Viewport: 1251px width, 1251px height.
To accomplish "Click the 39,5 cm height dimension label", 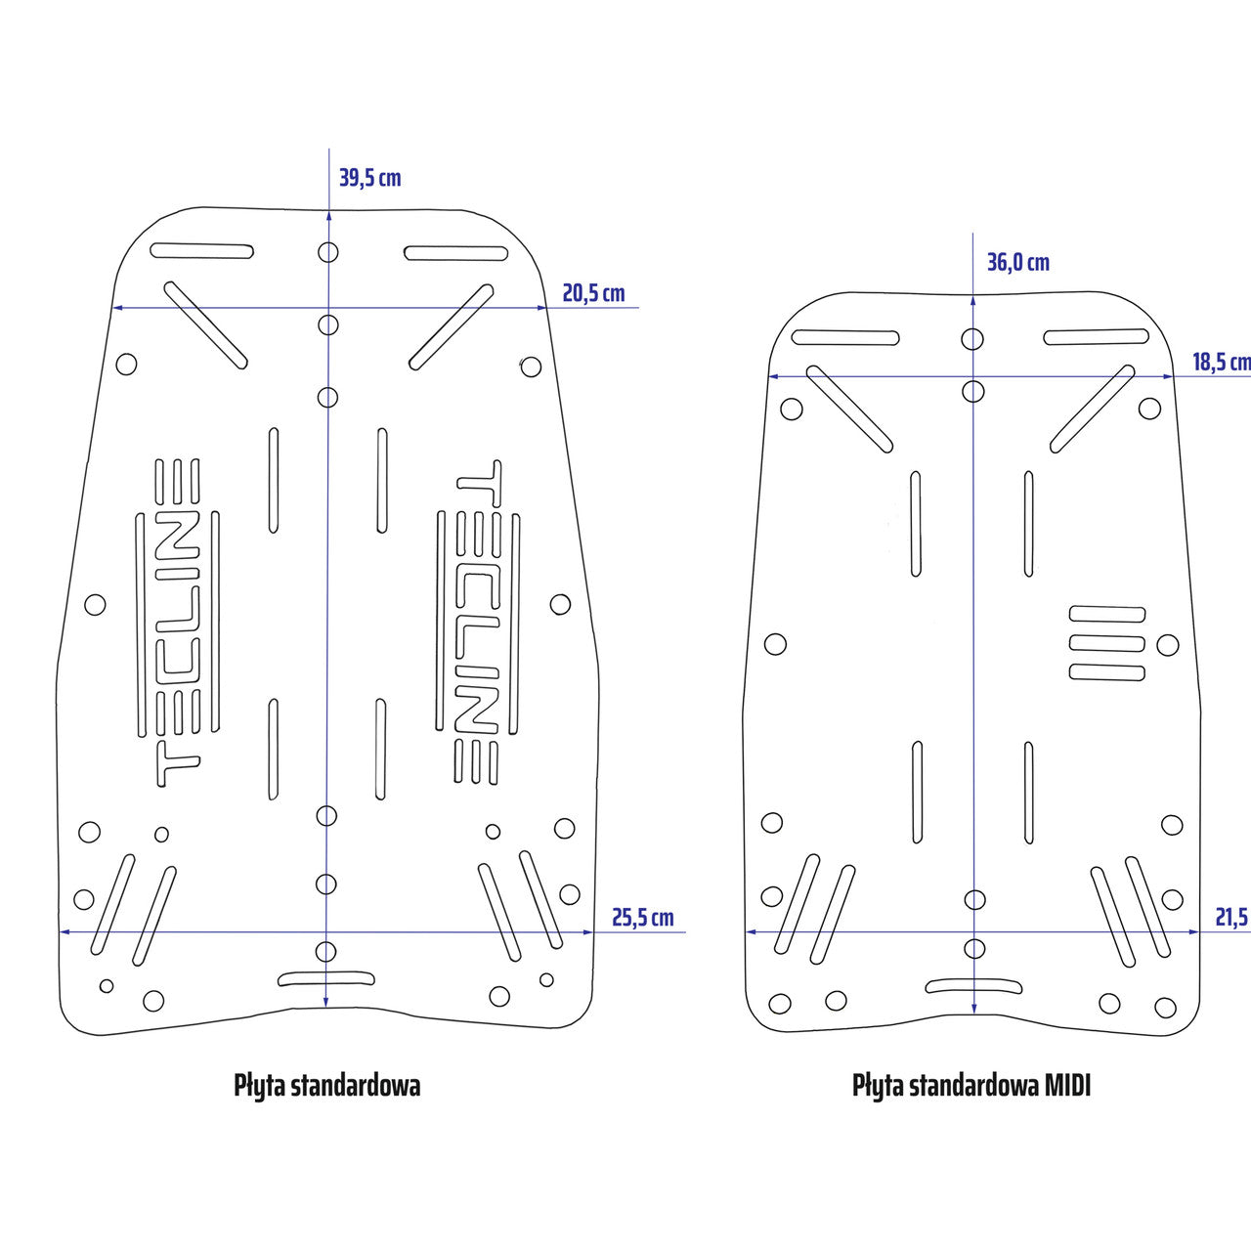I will (x=369, y=178).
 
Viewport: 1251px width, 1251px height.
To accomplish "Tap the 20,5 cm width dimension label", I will (x=593, y=293).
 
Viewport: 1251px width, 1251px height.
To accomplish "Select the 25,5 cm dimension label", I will (x=642, y=918).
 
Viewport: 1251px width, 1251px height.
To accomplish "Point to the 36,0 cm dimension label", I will (x=1017, y=262).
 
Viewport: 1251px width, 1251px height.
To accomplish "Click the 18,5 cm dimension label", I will (x=1221, y=363).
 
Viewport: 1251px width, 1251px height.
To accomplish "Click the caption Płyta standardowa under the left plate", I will (x=326, y=1085).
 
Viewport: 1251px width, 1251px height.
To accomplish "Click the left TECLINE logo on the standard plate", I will (x=178, y=623).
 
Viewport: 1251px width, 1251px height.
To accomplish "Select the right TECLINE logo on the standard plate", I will (x=478, y=623).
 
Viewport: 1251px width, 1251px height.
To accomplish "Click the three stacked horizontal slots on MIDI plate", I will (x=1107, y=643).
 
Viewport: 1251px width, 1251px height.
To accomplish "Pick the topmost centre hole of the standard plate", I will (x=328, y=252).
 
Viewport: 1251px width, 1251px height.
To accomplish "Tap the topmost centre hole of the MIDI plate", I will (x=972, y=339).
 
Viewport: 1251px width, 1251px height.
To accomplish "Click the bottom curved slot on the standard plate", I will (x=326, y=978).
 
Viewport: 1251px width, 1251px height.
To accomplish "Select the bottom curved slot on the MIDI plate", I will (x=973, y=985).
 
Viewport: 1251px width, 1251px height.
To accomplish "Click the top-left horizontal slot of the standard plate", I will (x=202, y=251).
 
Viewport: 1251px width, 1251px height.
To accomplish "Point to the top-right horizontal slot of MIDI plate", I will (x=1096, y=337).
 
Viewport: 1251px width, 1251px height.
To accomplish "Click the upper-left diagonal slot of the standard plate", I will (x=205, y=325).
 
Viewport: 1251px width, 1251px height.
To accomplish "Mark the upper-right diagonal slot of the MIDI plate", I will (x=1093, y=409).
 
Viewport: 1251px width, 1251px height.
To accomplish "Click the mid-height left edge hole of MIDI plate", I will (x=775, y=644).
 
